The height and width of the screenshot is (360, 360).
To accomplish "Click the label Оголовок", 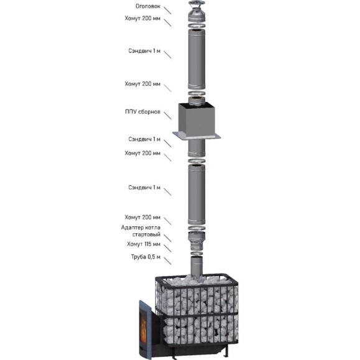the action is pyautogui.click(x=148, y=6).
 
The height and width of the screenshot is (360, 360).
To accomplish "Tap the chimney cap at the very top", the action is pyautogui.click(x=196, y=11).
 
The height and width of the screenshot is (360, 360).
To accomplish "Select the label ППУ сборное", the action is pyautogui.click(x=142, y=112).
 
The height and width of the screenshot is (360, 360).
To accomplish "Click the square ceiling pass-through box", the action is pyautogui.click(x=196, y=119).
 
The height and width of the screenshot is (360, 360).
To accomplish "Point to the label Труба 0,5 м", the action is pyautogui.click(x=145, y=257).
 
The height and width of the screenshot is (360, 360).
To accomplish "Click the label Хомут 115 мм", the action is pyautogui.click(x=144, y=244).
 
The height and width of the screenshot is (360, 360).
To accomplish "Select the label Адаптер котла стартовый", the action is pyautogui.click(x=141, y=231).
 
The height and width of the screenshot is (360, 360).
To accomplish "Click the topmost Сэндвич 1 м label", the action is pyautogui.click(x=144, y=51).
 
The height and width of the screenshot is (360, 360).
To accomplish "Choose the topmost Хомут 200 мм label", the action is pyautogui.click(x=142, y=18).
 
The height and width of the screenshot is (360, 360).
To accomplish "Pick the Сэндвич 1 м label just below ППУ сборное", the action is pyautogui.click(x=144, y=139).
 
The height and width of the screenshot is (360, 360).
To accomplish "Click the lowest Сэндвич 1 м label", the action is pyautogui.click(x=144, y=188).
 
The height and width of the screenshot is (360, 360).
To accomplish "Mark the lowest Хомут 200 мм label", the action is pyautogui.click(x=142, y=217).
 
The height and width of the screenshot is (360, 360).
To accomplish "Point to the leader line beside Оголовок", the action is pyautogui.click(x=167, y=11).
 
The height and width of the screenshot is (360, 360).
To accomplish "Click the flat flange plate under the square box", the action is pyautogui.click(x=196, y=136).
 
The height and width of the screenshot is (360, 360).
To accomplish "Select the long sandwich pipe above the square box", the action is pyautogui.click(x=196, y=59).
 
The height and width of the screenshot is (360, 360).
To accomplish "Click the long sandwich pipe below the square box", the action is pyautogui.click(x=196, y=195).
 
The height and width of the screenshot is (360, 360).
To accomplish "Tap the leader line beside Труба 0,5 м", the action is pyautogui.click(x=167, y=261).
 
